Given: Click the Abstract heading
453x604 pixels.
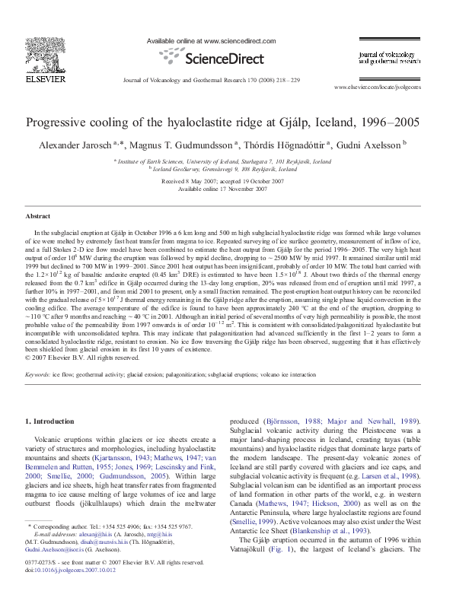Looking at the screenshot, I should coord(38,216).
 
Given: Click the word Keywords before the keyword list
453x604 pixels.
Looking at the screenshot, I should coord(39,375).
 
